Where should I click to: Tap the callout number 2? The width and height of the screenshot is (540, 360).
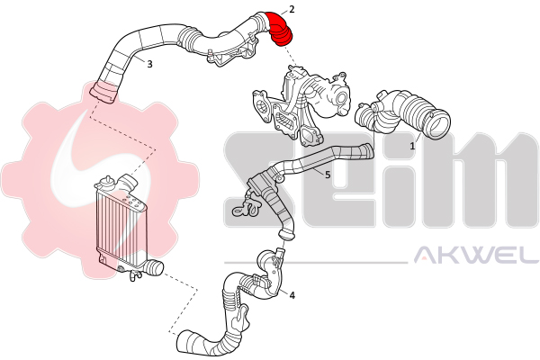292,9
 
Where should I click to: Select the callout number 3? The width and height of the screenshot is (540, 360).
149,64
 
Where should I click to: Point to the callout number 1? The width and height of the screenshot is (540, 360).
412,146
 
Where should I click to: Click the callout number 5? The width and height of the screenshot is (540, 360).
328,175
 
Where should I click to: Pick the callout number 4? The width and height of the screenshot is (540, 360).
292,295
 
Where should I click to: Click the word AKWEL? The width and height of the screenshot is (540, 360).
475,255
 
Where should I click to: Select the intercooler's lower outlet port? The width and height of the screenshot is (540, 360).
154,268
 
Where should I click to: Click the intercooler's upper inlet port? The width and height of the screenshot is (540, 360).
128,183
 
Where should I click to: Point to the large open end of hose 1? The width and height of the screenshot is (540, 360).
438,124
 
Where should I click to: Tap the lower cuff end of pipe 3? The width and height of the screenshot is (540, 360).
103,93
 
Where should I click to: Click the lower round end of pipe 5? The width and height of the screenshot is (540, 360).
286,235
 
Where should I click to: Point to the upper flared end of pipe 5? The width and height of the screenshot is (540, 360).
367,151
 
